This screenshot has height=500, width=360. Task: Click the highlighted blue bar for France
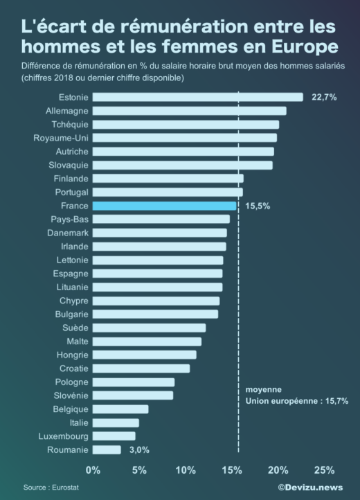[165, 206]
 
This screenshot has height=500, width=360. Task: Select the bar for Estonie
[197, 97]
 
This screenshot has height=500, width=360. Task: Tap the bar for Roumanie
[107, 449]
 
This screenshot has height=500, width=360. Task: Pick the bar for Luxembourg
[114, 436]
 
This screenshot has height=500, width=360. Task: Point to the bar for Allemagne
[189, 111]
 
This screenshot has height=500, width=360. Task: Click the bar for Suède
[149, 328]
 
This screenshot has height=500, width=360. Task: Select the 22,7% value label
[324, 97]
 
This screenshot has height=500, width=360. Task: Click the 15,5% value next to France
[257, 206]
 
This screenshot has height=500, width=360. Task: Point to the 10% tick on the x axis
[186, 470]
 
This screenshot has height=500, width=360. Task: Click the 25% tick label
[324, 470]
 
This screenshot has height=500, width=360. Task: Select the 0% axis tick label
[93, 470]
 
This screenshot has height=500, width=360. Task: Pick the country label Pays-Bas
[69, 220]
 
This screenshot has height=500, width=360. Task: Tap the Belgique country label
[70, 409]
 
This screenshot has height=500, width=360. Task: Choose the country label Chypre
[73, 301]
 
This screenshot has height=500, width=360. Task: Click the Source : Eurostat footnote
[48, 488]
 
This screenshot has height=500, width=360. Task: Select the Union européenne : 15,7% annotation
[297, 401]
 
